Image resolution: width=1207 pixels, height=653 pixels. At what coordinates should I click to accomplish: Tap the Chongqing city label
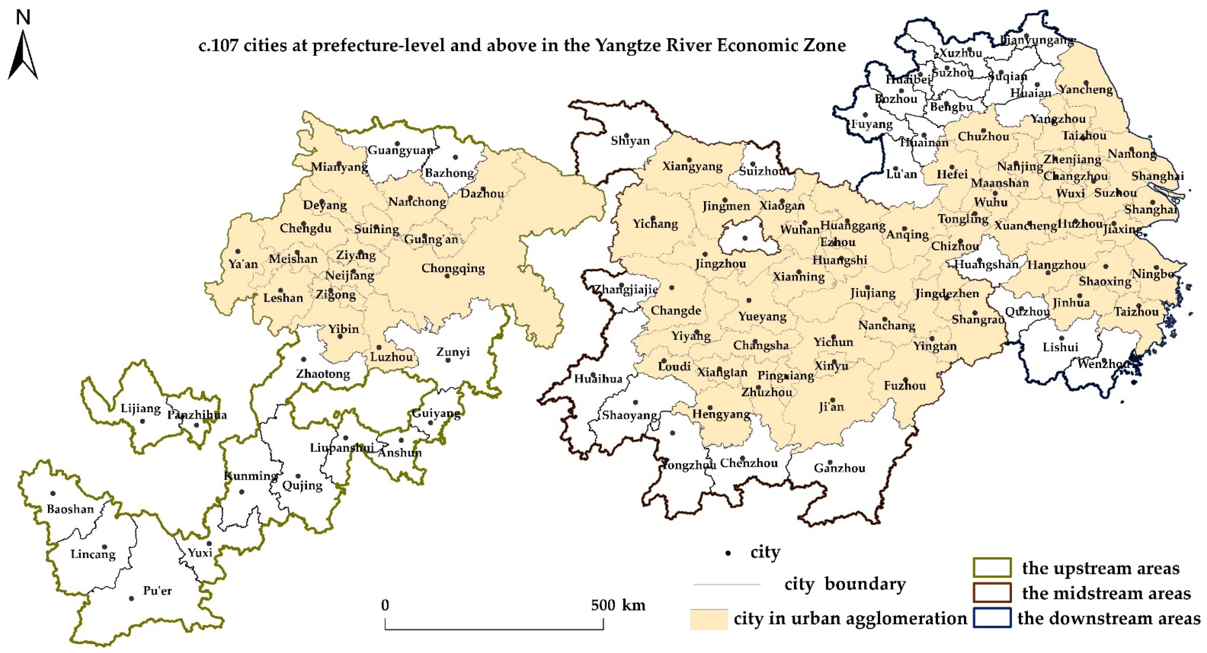point(453,268)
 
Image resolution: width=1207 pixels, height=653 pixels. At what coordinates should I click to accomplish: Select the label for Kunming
point(251,475)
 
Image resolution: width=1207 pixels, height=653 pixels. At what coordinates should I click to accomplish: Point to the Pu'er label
point(157,591)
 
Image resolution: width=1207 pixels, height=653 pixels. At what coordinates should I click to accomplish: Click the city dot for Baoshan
point(53,493)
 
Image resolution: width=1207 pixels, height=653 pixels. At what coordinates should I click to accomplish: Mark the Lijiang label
point(141,408)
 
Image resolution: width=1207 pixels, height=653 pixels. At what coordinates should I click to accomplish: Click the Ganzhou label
point(839,468)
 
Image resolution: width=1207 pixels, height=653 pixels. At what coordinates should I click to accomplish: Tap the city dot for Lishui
point(1061,338)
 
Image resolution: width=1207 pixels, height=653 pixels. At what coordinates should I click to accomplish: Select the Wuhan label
point(799,230)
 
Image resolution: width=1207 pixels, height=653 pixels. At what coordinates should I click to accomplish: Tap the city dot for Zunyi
point(448,360)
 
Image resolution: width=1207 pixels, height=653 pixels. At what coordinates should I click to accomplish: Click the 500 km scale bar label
point(618,605)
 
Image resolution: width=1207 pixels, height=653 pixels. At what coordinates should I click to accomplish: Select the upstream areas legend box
point(992,568)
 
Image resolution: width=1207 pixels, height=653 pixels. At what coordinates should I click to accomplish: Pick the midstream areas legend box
point(992,593)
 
